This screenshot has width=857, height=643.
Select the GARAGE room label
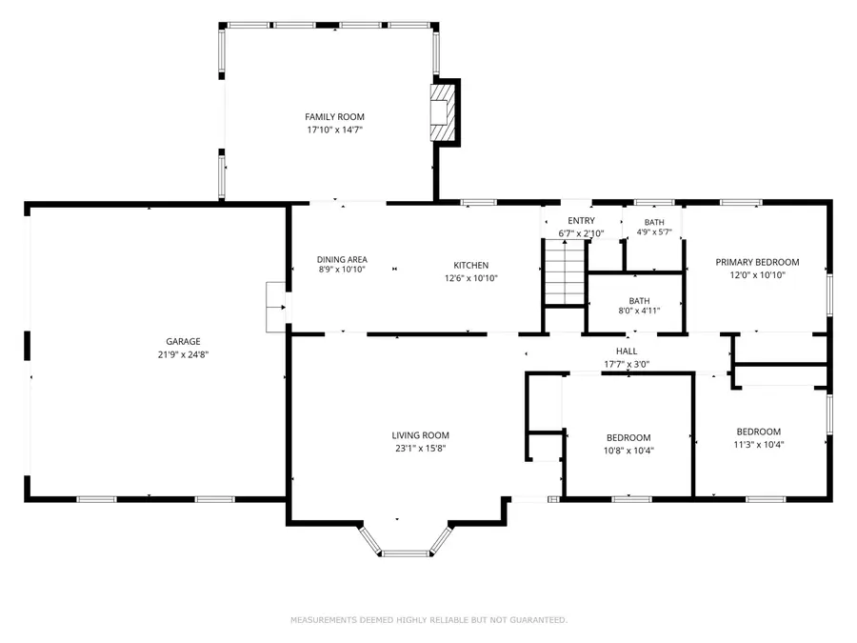coord(183,341)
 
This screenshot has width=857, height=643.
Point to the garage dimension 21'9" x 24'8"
coord(183,354)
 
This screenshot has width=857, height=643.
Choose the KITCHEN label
coord(470,266)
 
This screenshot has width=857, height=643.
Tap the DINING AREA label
coord(342,259)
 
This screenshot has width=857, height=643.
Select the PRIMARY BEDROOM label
coord(757,262)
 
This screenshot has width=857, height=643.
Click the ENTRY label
coord(580,221)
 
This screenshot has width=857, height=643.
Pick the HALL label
coord(626,352)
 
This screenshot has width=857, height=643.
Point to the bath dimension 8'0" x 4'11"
coord(639,310)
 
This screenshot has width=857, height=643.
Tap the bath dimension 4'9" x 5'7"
coord(654,231)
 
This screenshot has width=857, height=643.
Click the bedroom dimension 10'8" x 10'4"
coord(628,451)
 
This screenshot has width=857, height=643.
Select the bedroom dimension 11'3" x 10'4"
coord(758,444)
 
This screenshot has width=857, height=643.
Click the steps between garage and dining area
coord(276,307)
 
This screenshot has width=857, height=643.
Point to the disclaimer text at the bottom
coord(428,620)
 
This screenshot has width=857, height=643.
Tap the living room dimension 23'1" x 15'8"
coord(421,449)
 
